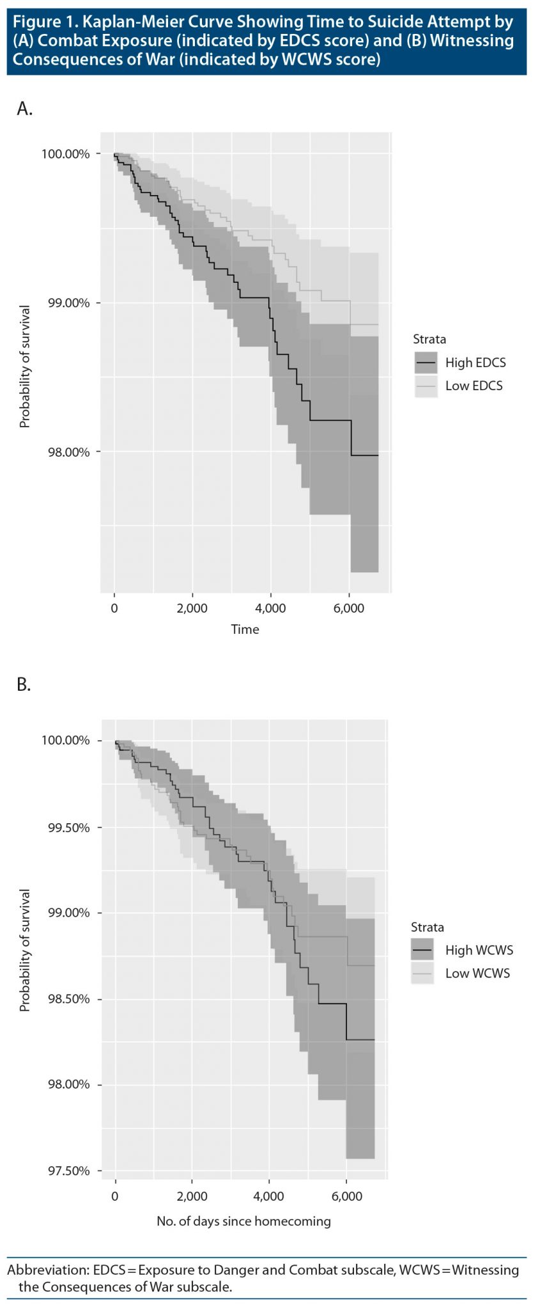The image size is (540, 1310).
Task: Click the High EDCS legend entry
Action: [x=475, y=363]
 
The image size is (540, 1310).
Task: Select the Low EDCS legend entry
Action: [x=474, y=386]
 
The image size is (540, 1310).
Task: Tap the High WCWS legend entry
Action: [x=479, y=950]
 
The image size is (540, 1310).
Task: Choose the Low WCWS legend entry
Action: [x=477, y=973]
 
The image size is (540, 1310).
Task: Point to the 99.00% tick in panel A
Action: [x=69, y=303]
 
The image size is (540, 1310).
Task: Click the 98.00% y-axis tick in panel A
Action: [x=69, y=452]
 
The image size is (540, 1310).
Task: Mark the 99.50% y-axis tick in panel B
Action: [x=69, y=828]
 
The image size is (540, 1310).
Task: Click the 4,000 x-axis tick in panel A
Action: [x=270, y=608]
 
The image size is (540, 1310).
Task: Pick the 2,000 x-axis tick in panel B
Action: [x=192, y=1196]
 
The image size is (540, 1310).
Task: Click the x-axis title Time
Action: [x=245, y=629]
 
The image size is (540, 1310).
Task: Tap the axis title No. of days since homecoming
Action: [x=243, y=1221]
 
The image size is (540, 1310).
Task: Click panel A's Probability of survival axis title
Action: [x=25, y=367]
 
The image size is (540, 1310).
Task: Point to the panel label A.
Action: [x=24, y=109]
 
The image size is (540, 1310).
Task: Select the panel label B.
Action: [x=24, y=685]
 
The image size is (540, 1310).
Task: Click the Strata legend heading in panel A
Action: [x=429, y=339]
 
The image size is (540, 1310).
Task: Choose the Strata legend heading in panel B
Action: [x=427, y=927]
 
